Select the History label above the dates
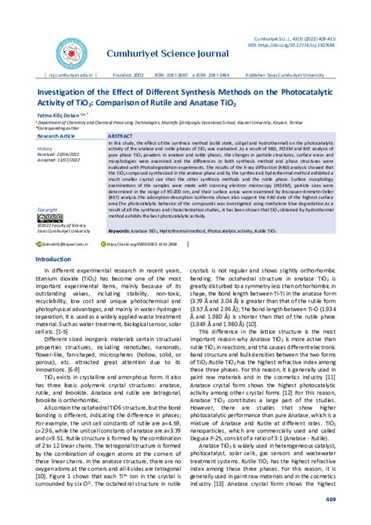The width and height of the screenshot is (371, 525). (x=45, y=148)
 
